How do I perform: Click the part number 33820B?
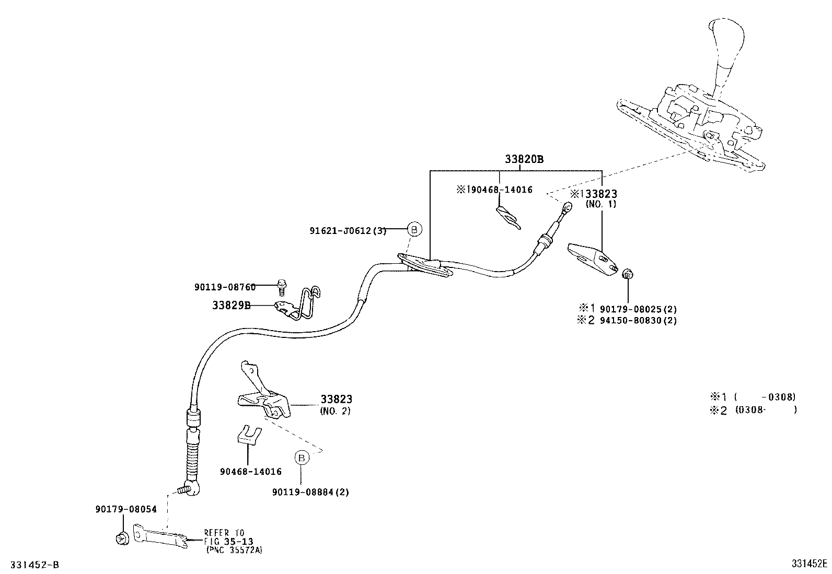524,159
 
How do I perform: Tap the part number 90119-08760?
225,287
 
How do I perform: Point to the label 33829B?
231,306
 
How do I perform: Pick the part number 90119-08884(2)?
310,492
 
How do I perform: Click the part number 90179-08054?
126,509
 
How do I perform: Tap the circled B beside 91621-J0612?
414,229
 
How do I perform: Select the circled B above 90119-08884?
302,458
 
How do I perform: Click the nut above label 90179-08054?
122,537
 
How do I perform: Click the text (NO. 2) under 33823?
335,411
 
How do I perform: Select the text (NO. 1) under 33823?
601,204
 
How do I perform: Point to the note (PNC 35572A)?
234,549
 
